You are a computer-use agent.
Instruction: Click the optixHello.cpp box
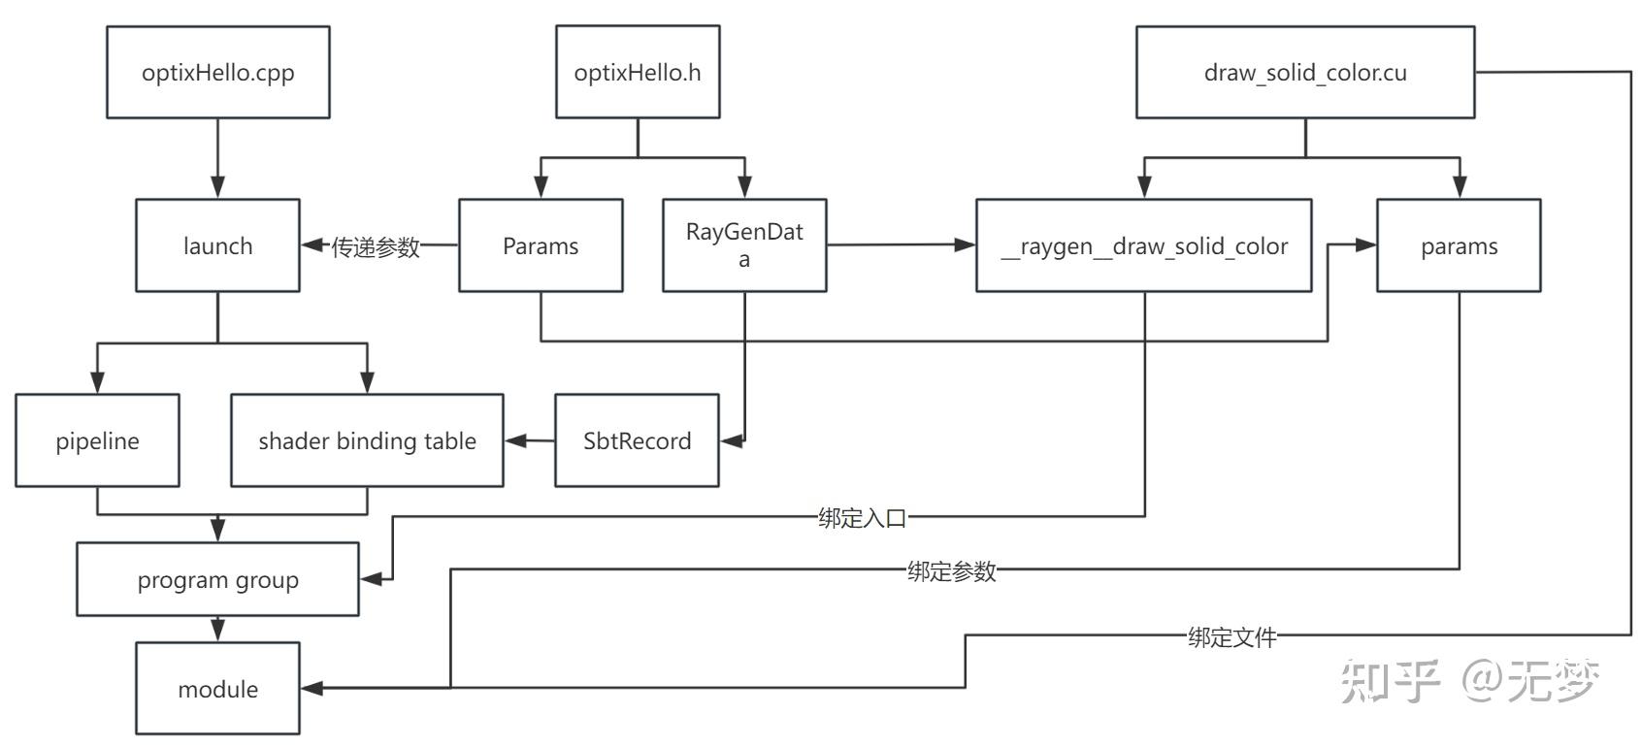pyautogui.click(x=217, y=73)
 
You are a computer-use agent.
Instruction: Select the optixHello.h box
pyautogui.click(x=638, y=73)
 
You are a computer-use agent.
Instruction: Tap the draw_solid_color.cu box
pyautogui.click(x=1304, y=73)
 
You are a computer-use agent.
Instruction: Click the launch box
pyautogui.click(x=217, y=245)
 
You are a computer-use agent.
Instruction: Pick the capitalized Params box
pyautogui.click(x=541, y=245)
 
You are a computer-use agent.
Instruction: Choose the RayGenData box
pyautogui.click(x=744, y=245)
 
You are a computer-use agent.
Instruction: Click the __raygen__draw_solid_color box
pyautogui.click(x=1143, y=245)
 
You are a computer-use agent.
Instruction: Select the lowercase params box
pyautogui.click(x=1459, y=245)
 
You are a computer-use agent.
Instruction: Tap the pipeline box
pyautogui.click(x=97, y=440)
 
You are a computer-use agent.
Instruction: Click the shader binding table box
pyautogui.click(x=367, y=440)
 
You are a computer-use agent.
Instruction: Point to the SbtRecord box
pyautogui.click(x=637, y=440)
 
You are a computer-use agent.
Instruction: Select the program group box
pyautogui.click(x=217, y=579)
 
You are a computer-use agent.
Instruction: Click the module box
pyautogui.click(x=217, y=689)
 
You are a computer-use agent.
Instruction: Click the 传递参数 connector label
pyautogui.click(x=376, y=246)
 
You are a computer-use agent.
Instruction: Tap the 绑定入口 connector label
pyautogui.click(x=862, y=517)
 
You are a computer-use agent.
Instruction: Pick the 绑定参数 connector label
pyautogui.click(x=951, y=570)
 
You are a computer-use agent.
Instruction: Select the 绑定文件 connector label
pyautogui.click(x=1231, y=636)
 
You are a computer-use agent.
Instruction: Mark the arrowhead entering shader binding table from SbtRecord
pyautogui.click(x=514, y=440)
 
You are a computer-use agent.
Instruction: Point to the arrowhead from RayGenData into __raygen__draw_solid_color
pyautogui.click(x=965, y=245)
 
